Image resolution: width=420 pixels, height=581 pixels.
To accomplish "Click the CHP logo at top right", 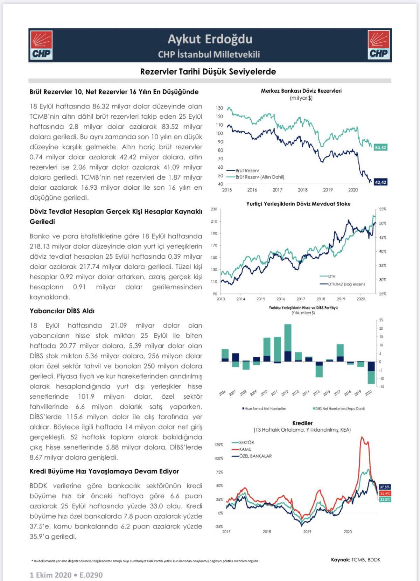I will [378, 45].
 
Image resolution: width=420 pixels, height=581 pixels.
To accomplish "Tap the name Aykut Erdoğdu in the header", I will [210, 39].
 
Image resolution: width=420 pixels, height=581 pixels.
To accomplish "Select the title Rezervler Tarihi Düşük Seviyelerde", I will [208, 72].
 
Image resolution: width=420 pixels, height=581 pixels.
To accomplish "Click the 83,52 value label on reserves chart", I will [380, 148].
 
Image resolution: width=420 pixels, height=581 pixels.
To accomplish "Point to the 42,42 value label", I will [380, 182].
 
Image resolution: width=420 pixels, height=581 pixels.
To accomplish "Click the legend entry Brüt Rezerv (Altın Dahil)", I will [260, 177].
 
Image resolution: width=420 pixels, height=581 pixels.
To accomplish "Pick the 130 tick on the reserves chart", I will [219, 108].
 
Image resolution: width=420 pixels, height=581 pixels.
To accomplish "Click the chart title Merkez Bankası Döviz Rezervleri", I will [301, 91].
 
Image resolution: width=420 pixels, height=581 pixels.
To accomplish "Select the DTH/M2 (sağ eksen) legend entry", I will [346, 284].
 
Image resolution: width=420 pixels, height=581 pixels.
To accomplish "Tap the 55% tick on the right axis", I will [383, 209].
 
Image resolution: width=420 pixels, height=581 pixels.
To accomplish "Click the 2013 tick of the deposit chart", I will [221, 299].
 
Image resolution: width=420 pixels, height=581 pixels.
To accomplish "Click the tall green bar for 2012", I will [288, 338].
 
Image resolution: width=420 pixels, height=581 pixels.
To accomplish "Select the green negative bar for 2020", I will [371, 377].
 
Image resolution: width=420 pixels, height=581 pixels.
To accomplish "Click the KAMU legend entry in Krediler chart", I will [245, 449].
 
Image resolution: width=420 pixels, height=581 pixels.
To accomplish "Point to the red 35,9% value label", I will [385, 493].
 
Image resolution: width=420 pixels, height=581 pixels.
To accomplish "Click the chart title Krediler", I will [302, 423].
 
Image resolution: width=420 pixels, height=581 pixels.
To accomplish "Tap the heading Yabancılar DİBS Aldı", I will [62, 311].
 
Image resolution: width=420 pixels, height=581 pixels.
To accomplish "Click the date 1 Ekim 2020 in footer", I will [50, 575].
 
